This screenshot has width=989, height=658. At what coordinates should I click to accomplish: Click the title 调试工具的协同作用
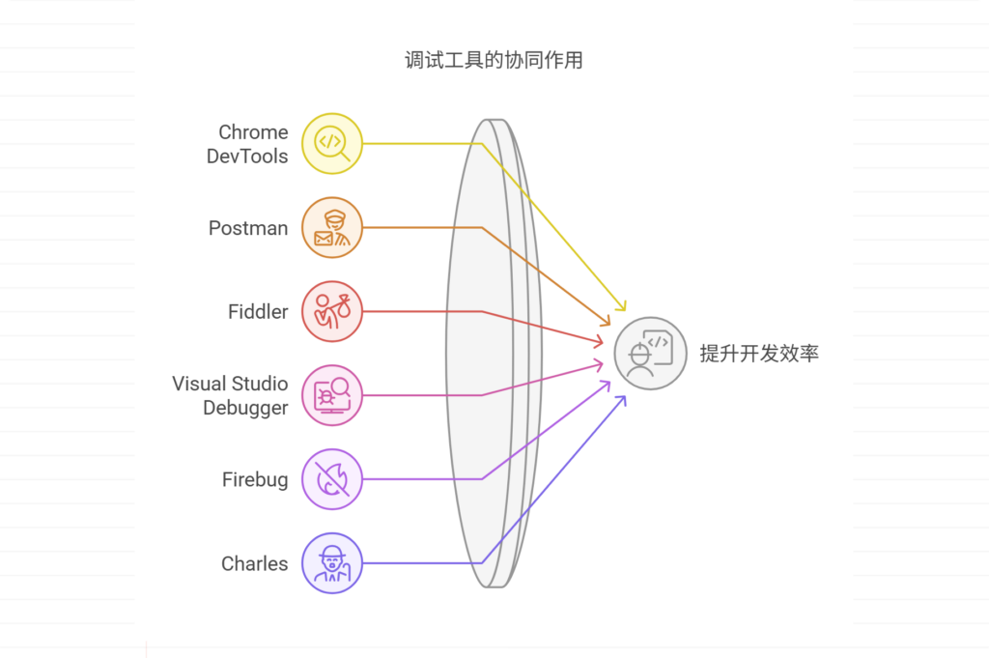494,61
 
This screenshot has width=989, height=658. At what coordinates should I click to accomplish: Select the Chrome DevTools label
247,144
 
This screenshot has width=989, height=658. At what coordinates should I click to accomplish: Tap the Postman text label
248,228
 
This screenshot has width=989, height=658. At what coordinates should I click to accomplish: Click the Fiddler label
258,312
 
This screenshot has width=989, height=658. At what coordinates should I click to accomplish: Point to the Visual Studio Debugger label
230,395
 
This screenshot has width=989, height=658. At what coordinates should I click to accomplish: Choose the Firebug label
255,479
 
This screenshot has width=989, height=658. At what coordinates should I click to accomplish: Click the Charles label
254,563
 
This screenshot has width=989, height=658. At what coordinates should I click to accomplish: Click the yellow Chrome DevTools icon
331,144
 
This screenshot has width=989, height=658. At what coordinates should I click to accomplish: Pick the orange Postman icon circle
331,228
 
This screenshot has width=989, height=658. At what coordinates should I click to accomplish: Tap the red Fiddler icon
331,312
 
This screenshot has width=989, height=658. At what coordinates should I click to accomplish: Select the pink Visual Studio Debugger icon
331,395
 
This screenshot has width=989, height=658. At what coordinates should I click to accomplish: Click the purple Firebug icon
331,479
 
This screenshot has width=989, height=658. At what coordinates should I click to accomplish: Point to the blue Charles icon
331,563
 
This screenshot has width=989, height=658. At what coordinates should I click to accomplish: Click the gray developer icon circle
650,354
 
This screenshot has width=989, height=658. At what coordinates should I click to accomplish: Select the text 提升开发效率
759,354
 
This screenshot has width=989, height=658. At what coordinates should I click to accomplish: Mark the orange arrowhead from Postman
608,322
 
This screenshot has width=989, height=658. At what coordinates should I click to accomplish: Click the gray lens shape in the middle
488,354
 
